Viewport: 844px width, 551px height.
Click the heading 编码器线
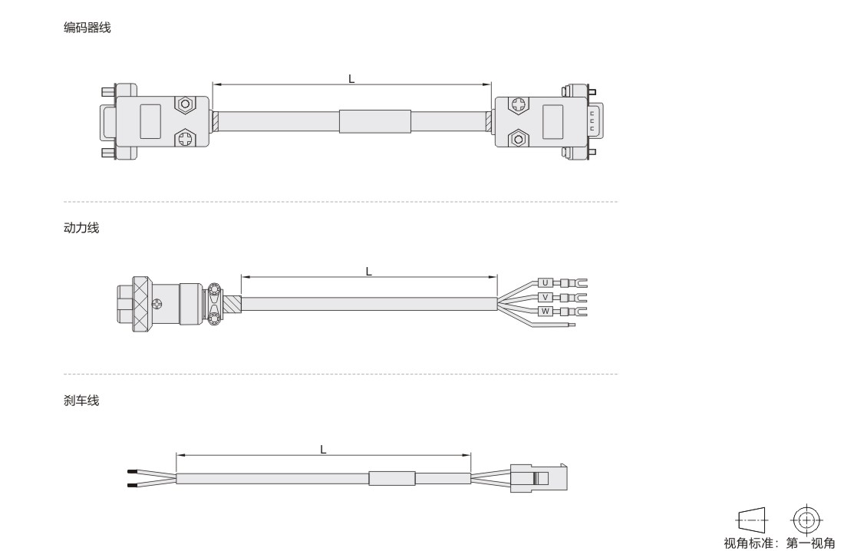(x=87, y=28)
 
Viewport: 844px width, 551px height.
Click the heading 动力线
(x=81, y=228)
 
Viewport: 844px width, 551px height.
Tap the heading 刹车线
(x=81, y=401)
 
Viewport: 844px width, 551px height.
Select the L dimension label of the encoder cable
(x=351, y=79)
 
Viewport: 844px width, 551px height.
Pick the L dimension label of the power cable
(x=369, y=272)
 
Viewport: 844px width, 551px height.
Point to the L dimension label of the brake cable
(x=323, y=449)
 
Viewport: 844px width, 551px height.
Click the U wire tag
(x=546, y=282)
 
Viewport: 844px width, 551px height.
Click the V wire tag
(x=546, y=297)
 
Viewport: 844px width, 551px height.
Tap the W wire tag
(x=546, y=312)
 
